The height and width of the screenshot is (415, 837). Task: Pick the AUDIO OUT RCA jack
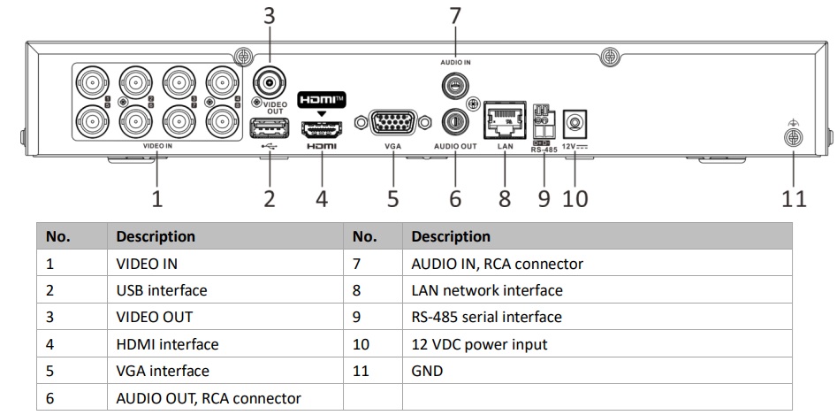coord(455,119)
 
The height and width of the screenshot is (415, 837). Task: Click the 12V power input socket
coord(576,121)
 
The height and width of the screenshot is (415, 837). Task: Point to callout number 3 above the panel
coord(270,14)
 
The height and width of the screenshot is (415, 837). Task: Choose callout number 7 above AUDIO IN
coord(455,14)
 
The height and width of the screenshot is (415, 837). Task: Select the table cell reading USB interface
coord(161,290)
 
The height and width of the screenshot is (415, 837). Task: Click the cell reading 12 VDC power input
coord(479,344)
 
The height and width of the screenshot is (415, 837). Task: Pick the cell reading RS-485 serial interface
coord(486,317)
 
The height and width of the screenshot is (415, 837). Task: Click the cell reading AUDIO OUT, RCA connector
coord(208,398)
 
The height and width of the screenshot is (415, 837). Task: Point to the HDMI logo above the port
coord(322,99)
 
